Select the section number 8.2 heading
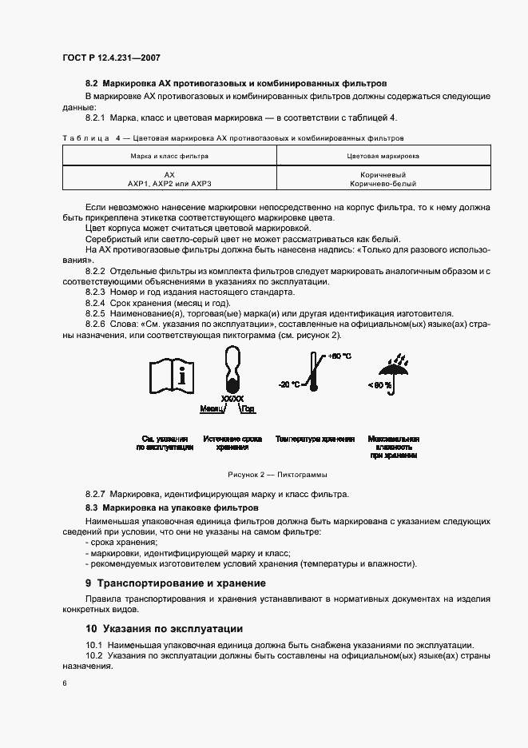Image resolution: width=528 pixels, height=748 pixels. (x=236, y=83)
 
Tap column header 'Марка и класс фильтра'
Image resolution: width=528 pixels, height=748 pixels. (x=169, y=156)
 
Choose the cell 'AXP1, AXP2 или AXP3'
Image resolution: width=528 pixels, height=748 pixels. (x=169, y=183)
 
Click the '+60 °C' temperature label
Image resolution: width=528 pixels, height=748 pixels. (x=339, y=356)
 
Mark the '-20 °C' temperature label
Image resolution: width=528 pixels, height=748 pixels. (x=289, y=384)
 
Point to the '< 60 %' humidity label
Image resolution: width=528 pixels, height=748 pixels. (x=380, y=385)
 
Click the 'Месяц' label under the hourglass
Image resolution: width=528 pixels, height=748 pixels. (x=212, y=408)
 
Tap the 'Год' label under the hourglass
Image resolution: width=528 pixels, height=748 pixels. (x=248, y=408)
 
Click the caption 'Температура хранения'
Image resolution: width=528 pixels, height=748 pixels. (x=315, y=440)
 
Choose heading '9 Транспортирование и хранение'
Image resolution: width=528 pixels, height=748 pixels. (x=176, y=583)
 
